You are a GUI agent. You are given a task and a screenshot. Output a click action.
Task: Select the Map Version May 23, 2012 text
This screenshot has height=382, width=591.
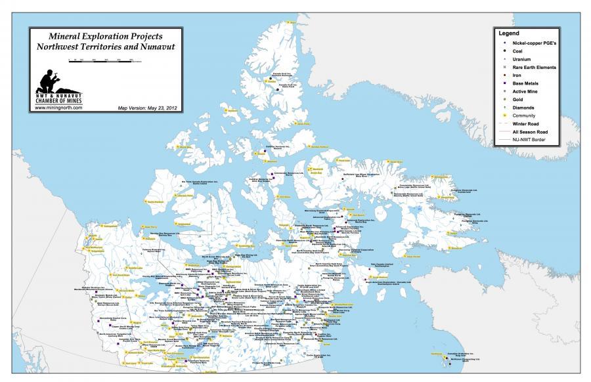(x=148, y=107)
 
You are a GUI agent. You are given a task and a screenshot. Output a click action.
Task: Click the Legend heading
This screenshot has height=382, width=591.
(x=509, y=33)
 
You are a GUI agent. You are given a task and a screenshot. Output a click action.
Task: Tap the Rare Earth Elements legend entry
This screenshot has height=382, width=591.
(x=534, y=68)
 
